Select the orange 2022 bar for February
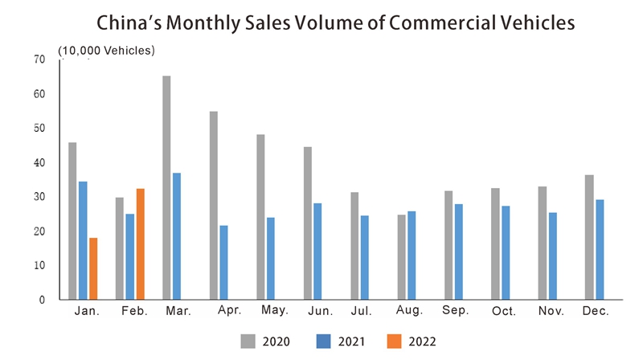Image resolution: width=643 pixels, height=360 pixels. tap(141, 243)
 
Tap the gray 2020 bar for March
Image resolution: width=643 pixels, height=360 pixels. tap(166, 187)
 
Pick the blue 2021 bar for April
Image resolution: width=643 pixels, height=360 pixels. tap(223, 262)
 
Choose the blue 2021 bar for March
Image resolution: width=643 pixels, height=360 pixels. tap(176, 236)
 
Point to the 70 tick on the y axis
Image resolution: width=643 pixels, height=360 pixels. tap(40, 59)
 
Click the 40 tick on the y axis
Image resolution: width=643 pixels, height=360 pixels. tap(40, 163)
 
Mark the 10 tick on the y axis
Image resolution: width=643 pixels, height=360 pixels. tap(40, 265)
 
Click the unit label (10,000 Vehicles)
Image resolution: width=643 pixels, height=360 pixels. tap(106, 51)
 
